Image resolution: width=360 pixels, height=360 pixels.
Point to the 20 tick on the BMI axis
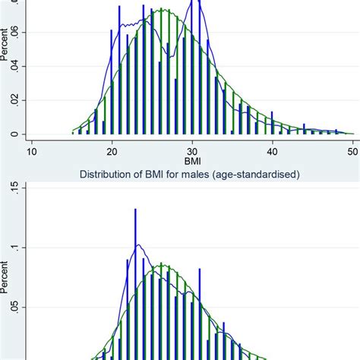tap(112, 152)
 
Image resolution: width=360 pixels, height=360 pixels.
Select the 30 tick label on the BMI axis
tap(192, 152)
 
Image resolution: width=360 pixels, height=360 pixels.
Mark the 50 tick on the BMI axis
tap(352, 152)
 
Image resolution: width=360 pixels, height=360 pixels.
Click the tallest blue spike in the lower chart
tap(136, 220)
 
